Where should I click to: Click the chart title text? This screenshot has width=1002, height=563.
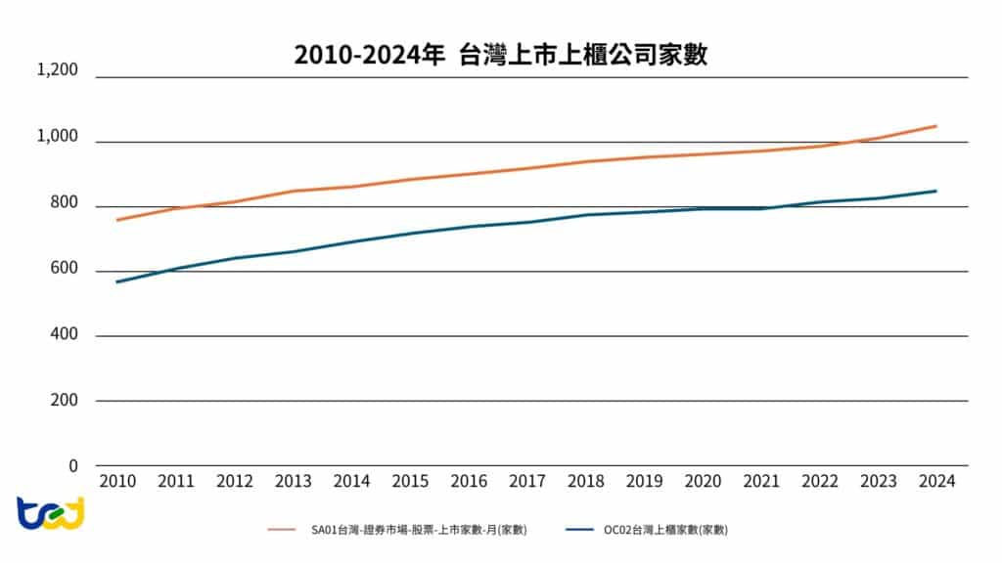coord(501,55)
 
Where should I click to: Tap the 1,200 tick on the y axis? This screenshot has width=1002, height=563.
coord(57,70)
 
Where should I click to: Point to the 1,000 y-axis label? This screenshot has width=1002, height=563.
coord(57,136)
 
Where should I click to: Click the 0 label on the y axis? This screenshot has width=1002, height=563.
coord(73,465)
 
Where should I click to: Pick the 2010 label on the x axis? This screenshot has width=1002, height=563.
coord(117,482)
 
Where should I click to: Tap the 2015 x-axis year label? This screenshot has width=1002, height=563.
coord(410,482)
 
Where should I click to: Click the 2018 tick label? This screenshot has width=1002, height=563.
coord(585,482)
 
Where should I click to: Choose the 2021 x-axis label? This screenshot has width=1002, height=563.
coord(761,482)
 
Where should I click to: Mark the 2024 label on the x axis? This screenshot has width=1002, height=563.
coord(936,482)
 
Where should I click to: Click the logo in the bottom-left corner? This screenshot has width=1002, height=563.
coord(50,513)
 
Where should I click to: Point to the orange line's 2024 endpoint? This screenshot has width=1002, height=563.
coord(936,126)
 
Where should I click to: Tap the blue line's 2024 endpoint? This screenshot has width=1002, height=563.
coord(936,191)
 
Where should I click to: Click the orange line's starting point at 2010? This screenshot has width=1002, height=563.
coord(117,220)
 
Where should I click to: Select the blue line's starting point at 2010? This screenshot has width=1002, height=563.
coord(117,281)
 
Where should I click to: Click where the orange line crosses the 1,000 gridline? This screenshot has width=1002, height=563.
coord(860,142)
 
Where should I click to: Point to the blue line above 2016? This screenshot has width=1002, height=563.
coord(469,227)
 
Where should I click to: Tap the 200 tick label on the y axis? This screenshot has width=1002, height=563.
coord(65,401)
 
